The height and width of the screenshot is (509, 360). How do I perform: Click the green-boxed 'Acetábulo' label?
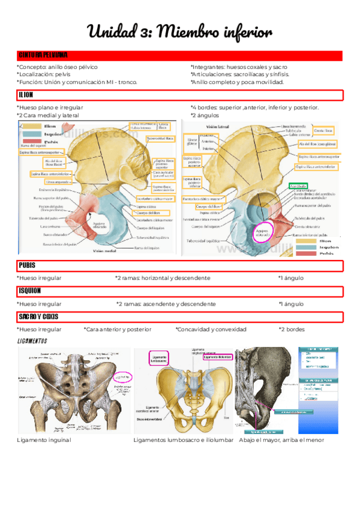(298, 186)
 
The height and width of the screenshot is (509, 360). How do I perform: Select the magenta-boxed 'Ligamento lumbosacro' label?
(159, 358)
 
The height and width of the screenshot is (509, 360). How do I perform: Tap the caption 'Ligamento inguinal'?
(44, 440)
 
